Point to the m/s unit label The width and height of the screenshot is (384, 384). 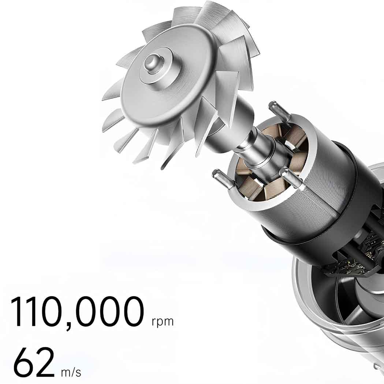pyautogui.click(x=71, y=373)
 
